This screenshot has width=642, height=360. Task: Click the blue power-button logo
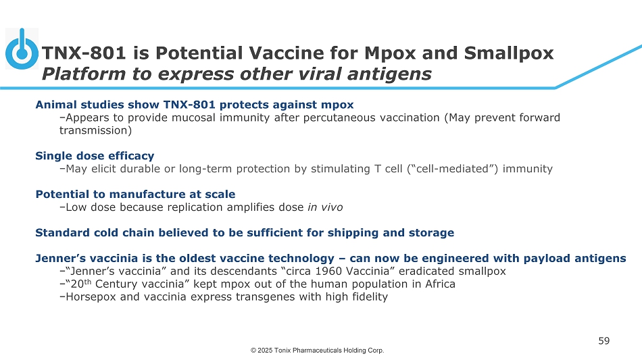pos(22,49)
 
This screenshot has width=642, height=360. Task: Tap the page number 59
pos(604,341)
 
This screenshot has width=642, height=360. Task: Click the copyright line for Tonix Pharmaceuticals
pos(318,350)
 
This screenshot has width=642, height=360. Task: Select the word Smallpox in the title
pos(508,53)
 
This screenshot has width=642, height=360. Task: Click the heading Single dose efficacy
pos(95,156)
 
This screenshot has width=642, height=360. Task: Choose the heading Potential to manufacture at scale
pos(136,194)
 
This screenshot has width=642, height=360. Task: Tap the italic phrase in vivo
pos(325,207)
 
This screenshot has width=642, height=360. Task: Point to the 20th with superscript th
pos(81,284)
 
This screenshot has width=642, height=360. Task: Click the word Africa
pos(440,284)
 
